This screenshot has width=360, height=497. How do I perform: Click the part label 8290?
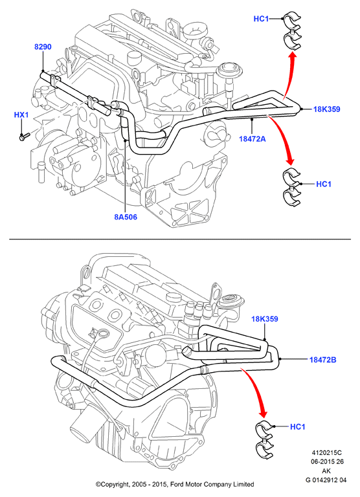pos(43,47)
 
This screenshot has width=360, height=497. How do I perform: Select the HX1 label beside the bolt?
pos(21,115)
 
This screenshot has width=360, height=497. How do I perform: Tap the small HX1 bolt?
pos(24,137)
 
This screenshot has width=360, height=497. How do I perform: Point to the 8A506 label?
pos(126,217)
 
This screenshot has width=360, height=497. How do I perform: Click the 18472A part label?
pos(252,138)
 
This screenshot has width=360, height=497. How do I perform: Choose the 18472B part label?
pos(323,360)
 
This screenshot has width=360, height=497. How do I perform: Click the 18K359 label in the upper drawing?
pos(327,109)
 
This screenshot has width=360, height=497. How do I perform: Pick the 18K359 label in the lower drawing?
pos(265,319)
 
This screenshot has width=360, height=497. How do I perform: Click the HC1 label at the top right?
pos(261,19)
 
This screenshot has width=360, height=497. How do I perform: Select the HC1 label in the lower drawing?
pos(297,427)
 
